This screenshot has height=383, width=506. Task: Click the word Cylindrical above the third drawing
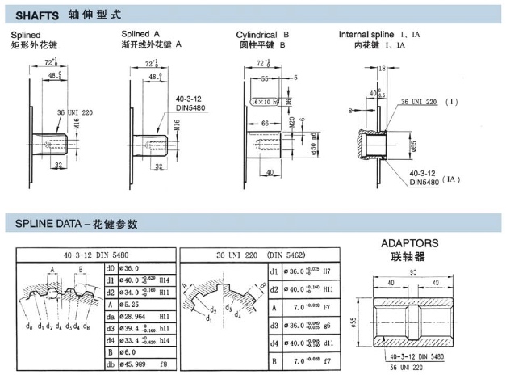tap(257, 36)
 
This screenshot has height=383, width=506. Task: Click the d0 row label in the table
tap(111, 268)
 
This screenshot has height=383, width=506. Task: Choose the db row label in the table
tap(111, 365)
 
